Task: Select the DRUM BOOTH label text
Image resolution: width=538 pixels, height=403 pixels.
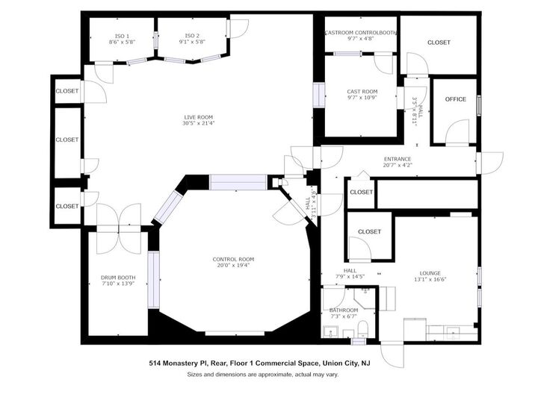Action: tap(118, 278)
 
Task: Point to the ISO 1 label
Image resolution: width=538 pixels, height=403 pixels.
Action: tap(122, 36)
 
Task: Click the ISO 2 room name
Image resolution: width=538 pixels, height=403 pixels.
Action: tap(192, 36)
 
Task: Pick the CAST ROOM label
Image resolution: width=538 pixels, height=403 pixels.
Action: tap(362, 92)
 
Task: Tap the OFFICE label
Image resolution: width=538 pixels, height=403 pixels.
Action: tap(455, 99)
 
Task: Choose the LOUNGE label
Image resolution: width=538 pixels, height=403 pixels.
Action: tap(430, 273)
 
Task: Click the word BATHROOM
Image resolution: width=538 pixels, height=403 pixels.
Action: tap(344, 310)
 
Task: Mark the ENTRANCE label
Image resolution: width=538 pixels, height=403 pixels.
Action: tap(397, 159)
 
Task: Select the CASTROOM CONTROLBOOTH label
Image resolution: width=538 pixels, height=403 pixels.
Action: tap(361, 33)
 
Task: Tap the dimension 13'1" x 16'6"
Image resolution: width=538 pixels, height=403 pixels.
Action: tap(430, 280)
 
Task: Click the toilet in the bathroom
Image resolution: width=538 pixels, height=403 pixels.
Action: tap(361, 329)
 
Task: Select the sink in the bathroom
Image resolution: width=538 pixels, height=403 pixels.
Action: tap(330, 331)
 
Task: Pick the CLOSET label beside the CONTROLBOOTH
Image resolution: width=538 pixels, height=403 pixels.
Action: tap(439, 43)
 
